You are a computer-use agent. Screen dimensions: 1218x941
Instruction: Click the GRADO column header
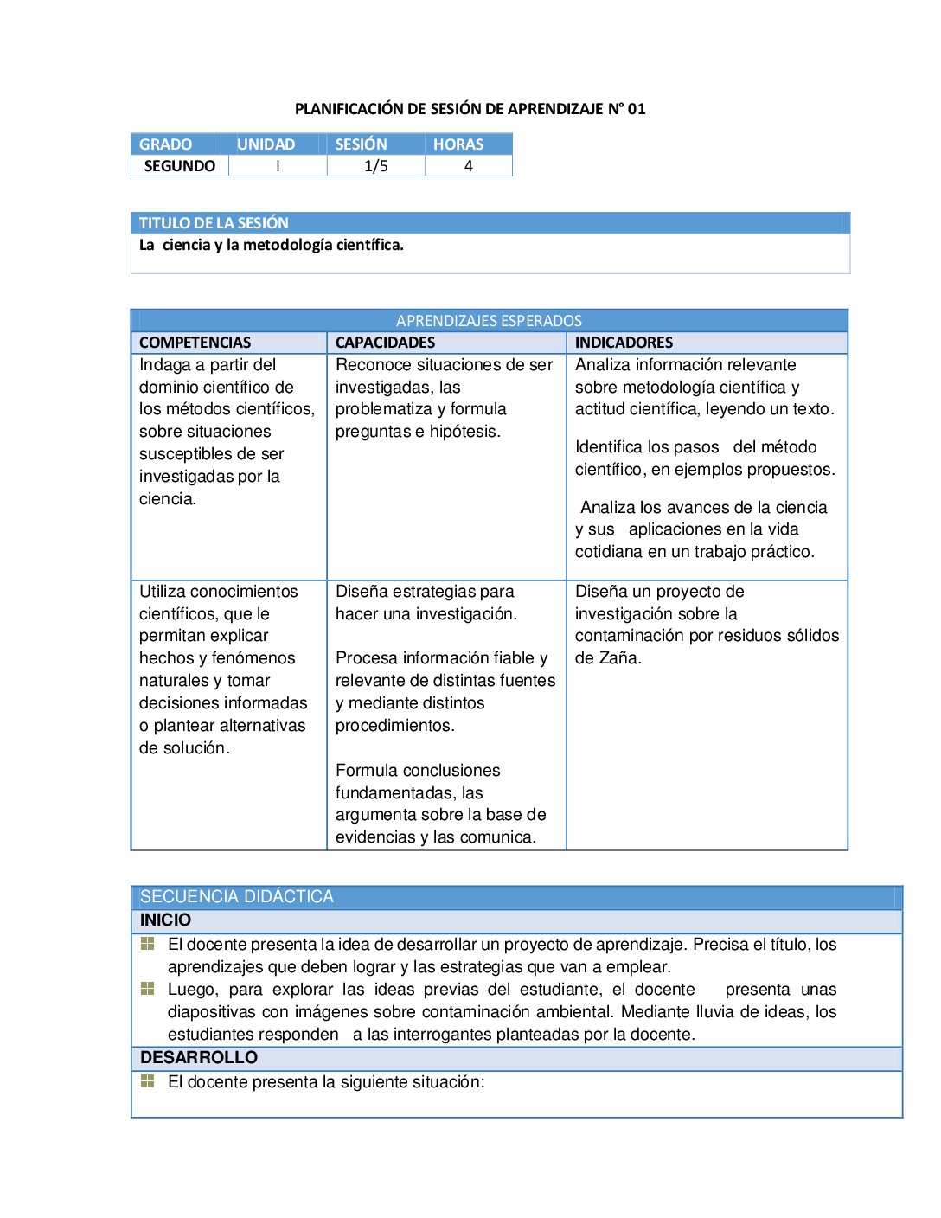[166, 144]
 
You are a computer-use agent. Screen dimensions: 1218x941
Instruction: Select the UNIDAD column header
[266, 144]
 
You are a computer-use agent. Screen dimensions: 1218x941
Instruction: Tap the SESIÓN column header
[362, 144]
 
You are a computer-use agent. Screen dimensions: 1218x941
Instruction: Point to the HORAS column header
[458, 144]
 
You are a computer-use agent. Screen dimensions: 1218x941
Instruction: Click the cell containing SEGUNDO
[180, 166]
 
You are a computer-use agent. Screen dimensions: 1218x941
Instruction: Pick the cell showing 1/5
[376, 166]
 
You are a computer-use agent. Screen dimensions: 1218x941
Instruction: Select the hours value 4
[469, 166]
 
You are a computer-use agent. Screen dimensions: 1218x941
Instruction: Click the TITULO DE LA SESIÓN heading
[214, 223]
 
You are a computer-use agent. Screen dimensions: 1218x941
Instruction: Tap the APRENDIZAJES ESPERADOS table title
[489, 321]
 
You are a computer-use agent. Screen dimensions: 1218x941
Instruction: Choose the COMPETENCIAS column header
[195, 343]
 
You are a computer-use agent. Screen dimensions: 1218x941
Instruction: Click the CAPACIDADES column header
[386, 343]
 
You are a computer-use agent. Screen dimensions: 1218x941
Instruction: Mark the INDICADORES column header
[624, 343]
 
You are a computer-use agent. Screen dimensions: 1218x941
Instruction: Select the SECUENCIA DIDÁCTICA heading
[237, 897]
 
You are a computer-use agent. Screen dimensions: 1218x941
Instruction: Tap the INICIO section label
[166, 920]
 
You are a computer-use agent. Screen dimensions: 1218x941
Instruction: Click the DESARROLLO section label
[199, 1058]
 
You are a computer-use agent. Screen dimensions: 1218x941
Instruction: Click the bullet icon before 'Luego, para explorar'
[148, 989]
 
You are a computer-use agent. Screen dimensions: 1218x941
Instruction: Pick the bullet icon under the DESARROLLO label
[148, 1081]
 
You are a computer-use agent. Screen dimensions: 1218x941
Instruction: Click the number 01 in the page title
[637, 109]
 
